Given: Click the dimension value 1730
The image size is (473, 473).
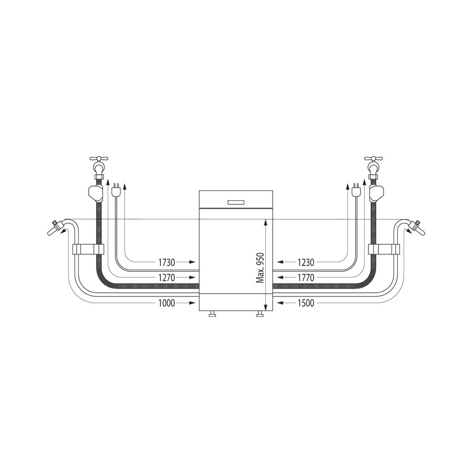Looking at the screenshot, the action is [x=167, y=262].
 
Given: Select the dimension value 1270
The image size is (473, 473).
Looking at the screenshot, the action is [x=167, y=277].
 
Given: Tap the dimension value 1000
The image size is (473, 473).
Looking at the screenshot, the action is [x=167, y=303].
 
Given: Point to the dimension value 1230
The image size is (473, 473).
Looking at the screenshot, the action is [x=306, y=262].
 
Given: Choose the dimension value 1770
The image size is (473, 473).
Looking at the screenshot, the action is [x=306, y=277].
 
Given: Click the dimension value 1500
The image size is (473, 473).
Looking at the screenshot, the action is [x=306, y=303].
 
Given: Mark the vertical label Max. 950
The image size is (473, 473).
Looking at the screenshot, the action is [x=260, y=268].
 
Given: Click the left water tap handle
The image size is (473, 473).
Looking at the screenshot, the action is [x=99, y=158].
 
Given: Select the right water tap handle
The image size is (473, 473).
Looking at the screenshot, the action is [x=374, y=158].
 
